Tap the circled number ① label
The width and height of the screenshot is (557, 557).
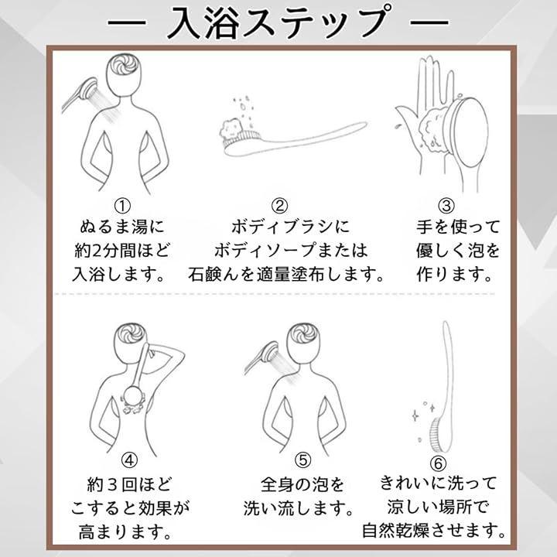point(122,206)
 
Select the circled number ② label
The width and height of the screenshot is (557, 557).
point(280,206)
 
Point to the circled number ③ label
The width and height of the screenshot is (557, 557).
point(446,206)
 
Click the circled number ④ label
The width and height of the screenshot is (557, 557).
point(129,460)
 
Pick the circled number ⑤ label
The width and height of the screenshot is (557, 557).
point(302,460)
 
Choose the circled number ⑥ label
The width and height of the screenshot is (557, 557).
point(438,463)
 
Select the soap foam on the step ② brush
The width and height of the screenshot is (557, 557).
point(231,129)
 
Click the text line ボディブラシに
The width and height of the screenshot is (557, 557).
point(291,227)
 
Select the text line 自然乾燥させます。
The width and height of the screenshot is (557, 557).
point(434,531)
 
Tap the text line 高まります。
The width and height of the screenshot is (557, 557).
point(125,532)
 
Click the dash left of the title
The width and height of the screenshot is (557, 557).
point(127,22)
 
